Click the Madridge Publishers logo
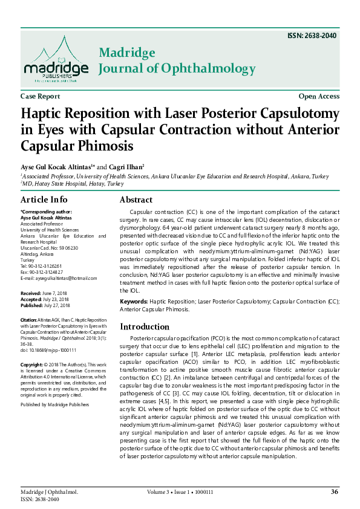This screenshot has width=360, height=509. tap(55, 59)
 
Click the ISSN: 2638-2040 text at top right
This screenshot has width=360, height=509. tap(312, 35)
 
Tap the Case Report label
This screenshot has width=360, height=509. tap(40, 96)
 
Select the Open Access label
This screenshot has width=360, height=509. tap(319, 96)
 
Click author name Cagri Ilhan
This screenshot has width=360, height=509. tap(126, 166)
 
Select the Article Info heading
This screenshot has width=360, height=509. tap(44, 199)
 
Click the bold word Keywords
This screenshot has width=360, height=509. tap(134, 300)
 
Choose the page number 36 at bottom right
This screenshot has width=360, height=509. tap(334, 491)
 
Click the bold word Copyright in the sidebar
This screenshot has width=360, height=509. tap(31, 365)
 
